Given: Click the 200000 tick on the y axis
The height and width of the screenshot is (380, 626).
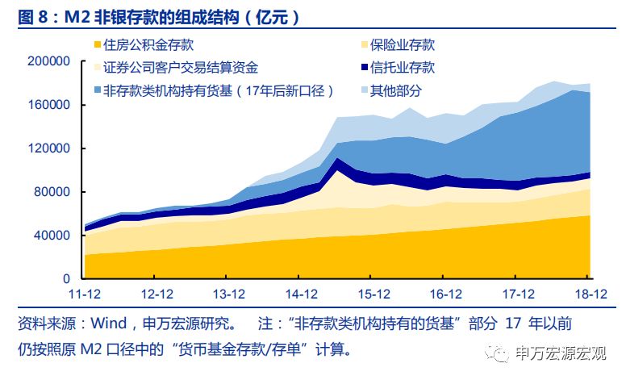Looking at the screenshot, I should tap(49, 62).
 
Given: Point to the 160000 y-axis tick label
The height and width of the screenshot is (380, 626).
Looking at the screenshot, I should tap(49, 106).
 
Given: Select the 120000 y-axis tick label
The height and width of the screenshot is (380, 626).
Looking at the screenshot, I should tap(49, 149).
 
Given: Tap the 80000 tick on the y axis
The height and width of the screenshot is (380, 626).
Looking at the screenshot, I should tap(52, 192).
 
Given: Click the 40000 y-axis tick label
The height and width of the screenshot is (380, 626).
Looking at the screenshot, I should tap(52, 236).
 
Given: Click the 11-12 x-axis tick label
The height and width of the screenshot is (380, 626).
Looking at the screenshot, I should tap(84, 294).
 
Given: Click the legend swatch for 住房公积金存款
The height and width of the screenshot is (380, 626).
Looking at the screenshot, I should tap(98, 46).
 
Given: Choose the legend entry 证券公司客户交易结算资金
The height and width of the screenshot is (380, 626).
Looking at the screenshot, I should tap(181, 69).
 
